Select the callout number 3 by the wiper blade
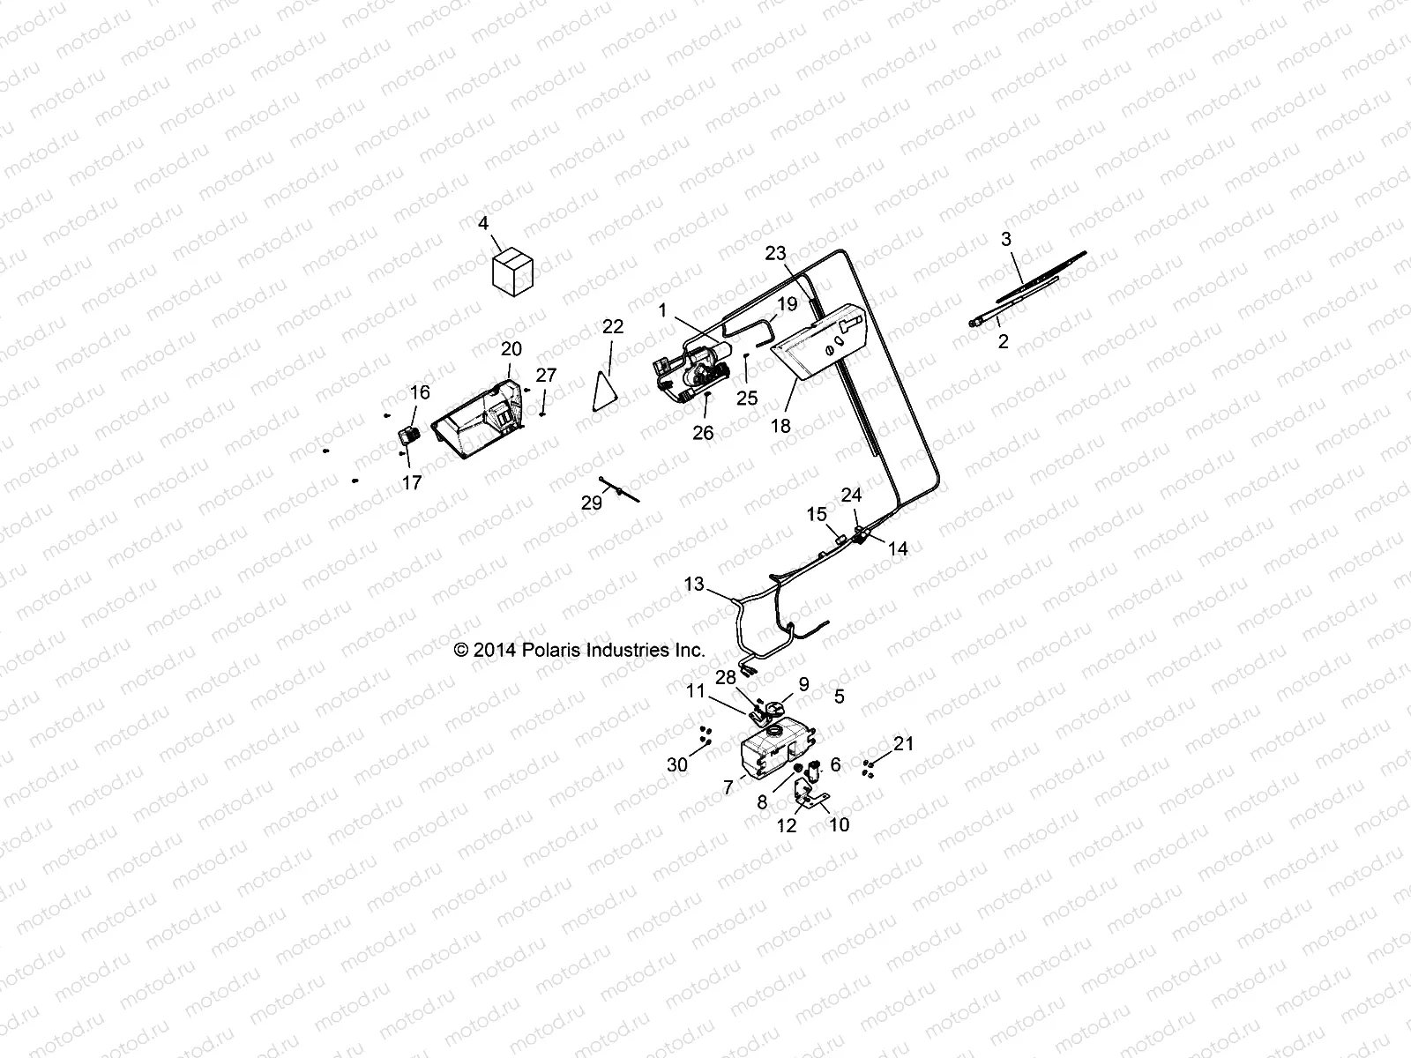(1006, 239)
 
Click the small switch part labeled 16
(407, 434)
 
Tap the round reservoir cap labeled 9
(774, 709)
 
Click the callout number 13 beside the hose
(694, 584)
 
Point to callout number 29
(591, 503)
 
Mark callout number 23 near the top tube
(775, 254)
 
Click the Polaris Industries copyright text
(579, 651)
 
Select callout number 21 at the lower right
(904, 744)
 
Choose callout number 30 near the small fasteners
(676, 765)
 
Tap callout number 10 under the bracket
(840, 824)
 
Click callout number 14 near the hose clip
(897, 548)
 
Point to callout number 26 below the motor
(703, 433)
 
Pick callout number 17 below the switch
(412, 482)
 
